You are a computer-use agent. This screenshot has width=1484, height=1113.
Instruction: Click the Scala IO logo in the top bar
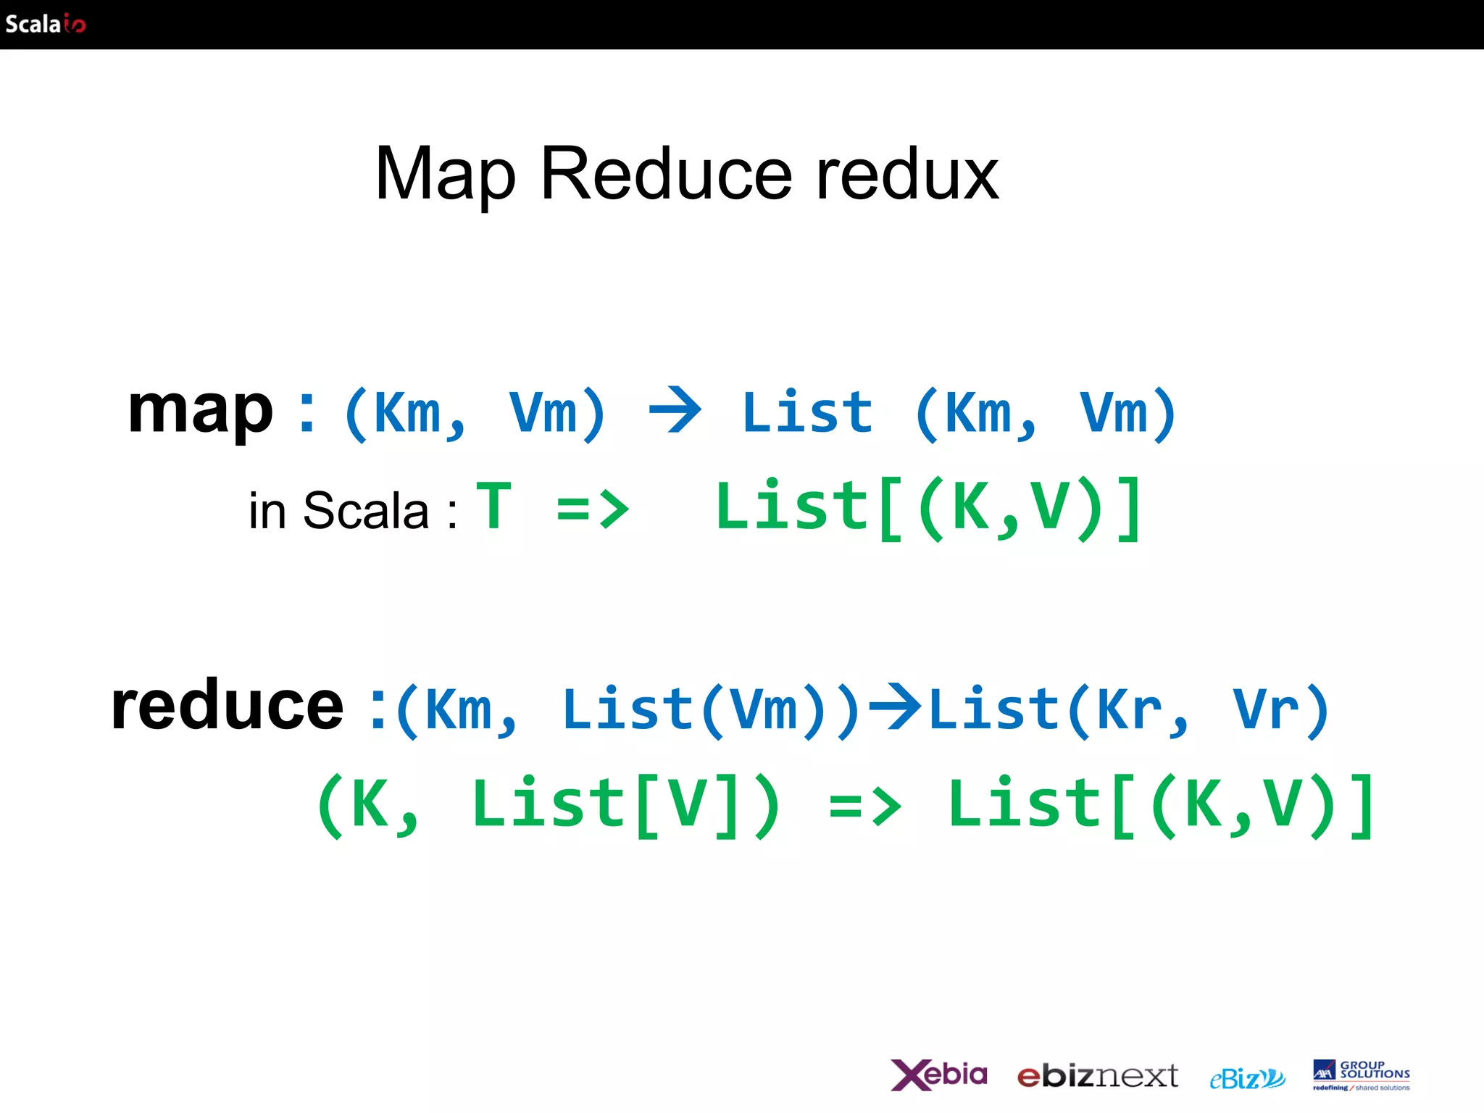point(45,24)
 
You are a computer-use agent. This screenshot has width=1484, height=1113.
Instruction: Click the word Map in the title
point(445,175)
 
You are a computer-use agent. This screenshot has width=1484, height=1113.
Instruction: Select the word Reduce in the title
point(666,175)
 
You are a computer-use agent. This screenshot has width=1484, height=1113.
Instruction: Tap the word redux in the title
point(907,175)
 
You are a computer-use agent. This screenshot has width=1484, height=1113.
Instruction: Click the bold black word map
point(200,410)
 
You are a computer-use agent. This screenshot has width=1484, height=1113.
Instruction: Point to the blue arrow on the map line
point(675,410)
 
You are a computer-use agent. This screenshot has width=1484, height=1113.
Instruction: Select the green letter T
point(494,507)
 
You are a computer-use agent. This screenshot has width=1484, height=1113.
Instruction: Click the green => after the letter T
point(593,509)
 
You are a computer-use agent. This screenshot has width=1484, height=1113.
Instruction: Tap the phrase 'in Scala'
point(338,511)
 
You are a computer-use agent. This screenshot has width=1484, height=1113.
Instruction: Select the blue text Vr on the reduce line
point(1265,709)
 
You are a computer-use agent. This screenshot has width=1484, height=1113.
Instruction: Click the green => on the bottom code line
point(865,806)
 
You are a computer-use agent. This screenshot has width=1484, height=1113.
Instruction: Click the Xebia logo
point(939,1075)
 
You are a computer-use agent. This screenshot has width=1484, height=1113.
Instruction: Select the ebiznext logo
point(1097,1076)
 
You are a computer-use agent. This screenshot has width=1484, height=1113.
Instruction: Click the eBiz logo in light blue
point(1247,1078)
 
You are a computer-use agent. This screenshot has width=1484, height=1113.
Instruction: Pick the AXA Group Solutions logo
point(1361,1075)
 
